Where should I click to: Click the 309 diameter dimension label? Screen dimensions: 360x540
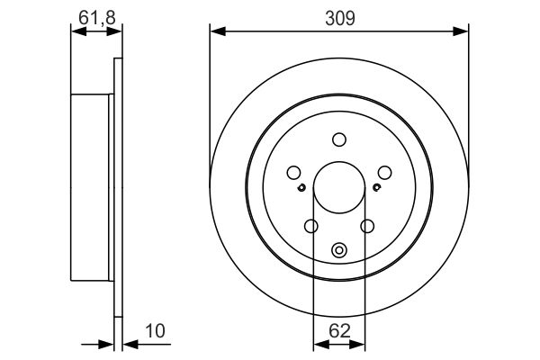[338, 15]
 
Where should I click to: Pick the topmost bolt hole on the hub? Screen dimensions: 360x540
[338, 139]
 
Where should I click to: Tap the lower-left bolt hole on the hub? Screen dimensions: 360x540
[311, 227]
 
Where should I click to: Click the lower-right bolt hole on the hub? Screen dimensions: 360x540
[366, 227]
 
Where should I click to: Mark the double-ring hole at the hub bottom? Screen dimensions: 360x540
[338, 251]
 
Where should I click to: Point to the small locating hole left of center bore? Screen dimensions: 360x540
[303, 187]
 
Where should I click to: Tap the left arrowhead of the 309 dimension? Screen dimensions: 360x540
[215, 31]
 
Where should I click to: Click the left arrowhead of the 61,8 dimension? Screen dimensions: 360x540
[76, 31]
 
